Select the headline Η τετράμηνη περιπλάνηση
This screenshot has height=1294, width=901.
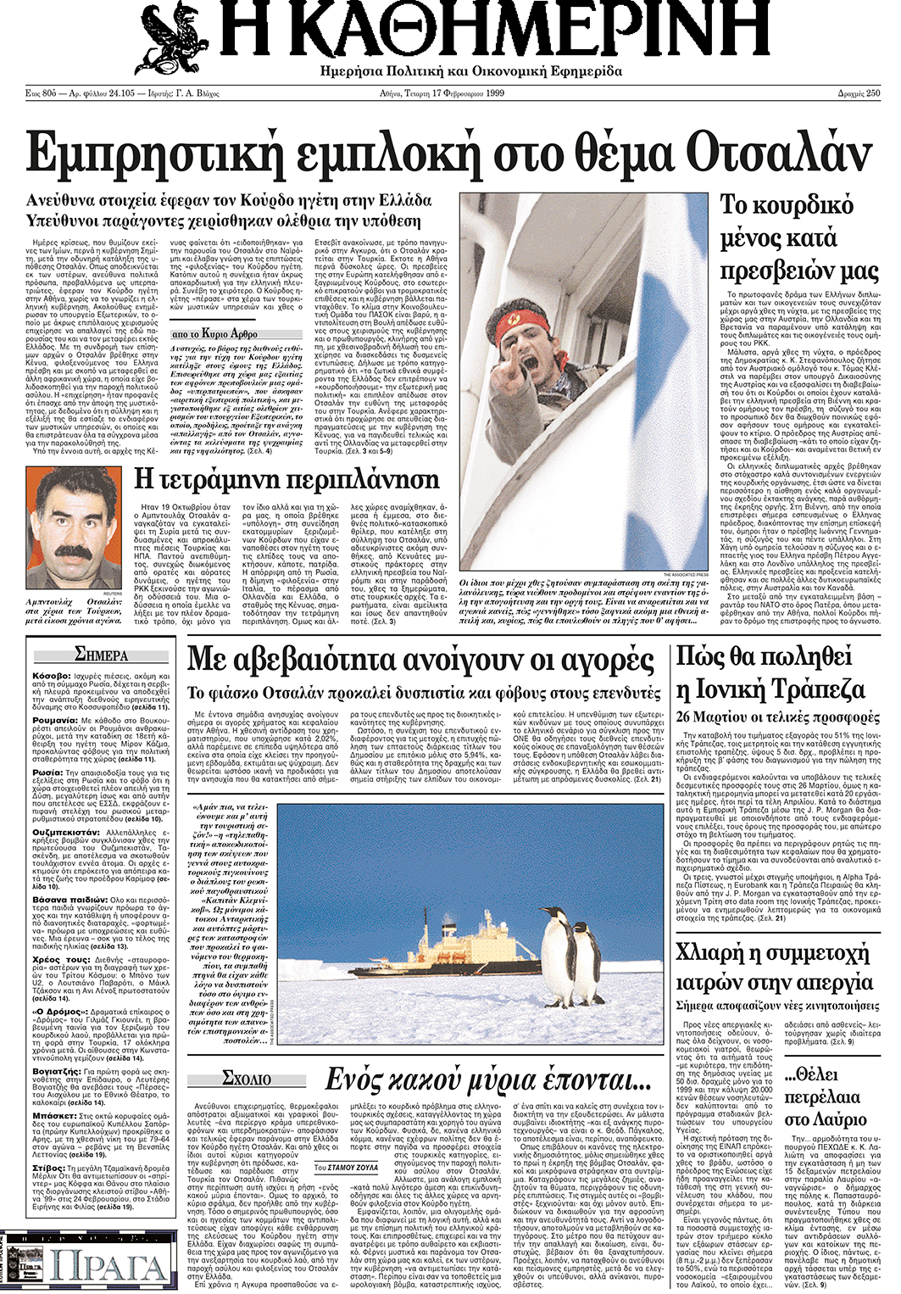(x=286, y=480)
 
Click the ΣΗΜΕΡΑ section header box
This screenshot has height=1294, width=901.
(x=101, y=655)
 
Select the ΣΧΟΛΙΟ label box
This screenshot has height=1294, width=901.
(x=247, y=1079)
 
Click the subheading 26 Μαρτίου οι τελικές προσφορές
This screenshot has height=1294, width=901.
(x=778, y=717)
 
